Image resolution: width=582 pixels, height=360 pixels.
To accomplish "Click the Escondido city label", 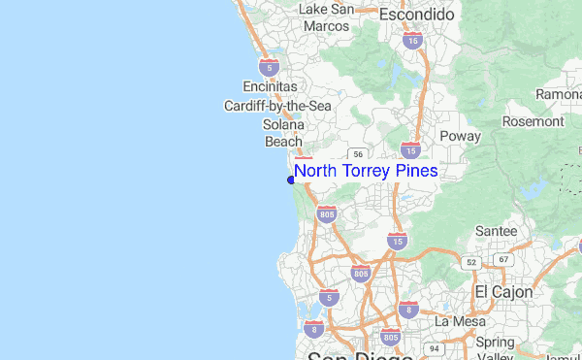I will coord(416,16).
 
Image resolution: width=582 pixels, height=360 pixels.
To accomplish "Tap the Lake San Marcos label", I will coord(326,17).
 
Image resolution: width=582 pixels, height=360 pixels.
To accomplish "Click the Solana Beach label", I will coord(284,133).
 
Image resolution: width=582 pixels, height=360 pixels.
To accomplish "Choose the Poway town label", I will coord(460,136).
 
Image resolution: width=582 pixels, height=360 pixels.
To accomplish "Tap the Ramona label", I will coord(561,94).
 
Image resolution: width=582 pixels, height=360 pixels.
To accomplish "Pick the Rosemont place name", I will coord(533,121).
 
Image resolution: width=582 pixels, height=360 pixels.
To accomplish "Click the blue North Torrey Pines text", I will coord(366,171).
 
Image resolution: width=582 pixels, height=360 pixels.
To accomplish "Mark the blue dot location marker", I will coord(291,180).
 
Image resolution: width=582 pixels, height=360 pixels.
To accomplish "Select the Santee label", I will coord(496,232).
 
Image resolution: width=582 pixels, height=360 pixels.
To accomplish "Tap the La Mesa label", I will coord(458,321).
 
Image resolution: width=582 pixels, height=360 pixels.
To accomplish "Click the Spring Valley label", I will coord(495,349).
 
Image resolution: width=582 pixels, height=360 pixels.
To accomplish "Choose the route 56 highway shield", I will coord(359,153).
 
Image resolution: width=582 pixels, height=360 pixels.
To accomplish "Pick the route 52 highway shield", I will coord(471,262).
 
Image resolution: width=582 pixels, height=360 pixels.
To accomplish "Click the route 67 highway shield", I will coord(502,259).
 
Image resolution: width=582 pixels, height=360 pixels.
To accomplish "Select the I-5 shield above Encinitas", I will coord(271,67).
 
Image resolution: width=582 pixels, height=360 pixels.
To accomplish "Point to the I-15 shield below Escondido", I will coord(412,41).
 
